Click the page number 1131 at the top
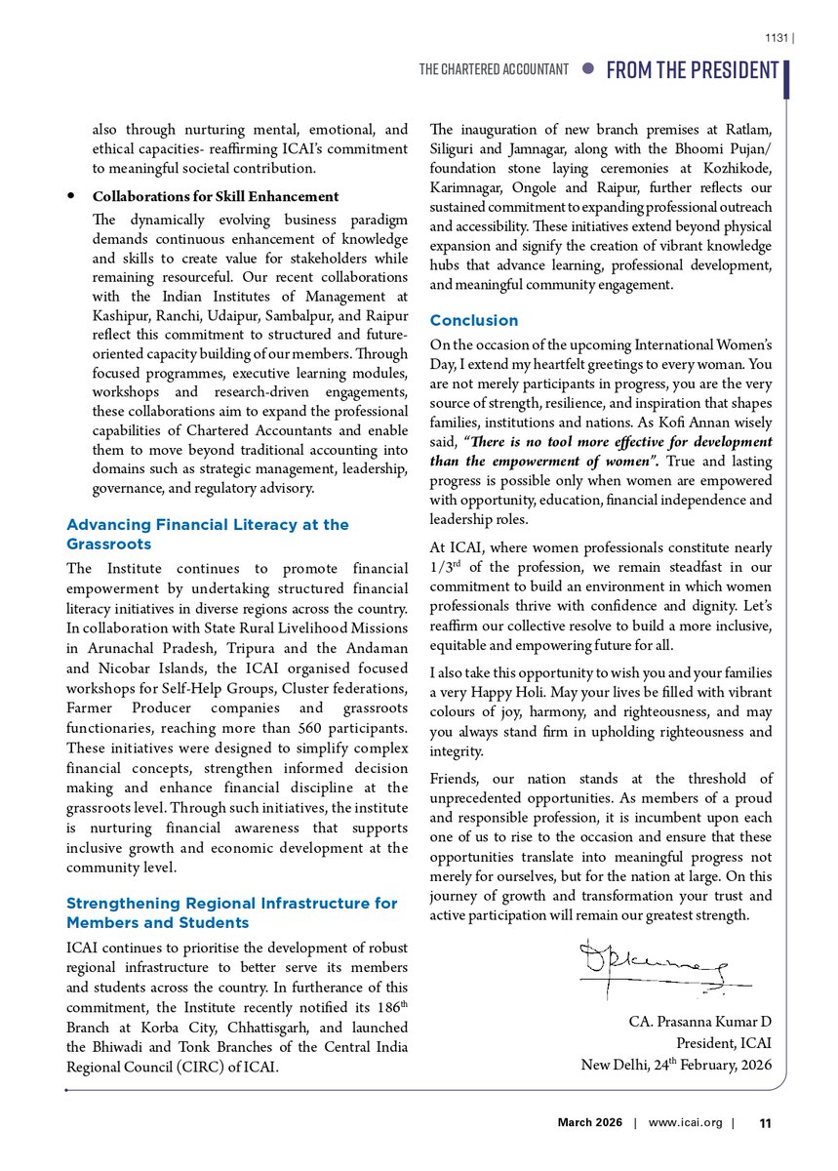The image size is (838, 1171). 776,39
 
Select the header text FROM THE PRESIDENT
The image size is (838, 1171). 693,70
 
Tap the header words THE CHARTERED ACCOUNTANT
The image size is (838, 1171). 494,70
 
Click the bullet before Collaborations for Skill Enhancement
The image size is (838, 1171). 72,196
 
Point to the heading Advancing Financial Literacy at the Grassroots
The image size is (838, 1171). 207,533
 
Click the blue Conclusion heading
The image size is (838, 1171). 474,320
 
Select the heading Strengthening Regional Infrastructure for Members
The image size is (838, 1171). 231,912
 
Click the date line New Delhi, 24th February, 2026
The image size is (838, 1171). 676,1064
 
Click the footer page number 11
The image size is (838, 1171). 765,1123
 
